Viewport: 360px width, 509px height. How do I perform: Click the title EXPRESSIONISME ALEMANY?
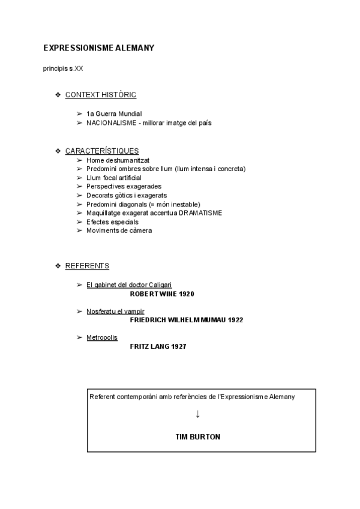click(98, 48)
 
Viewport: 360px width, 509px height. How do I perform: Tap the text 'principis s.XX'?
click(63, 68)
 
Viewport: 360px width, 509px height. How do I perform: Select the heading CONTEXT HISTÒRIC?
click(101, 95)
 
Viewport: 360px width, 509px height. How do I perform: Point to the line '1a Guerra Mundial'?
click(114, 113)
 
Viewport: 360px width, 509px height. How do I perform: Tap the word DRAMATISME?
click(197, 213)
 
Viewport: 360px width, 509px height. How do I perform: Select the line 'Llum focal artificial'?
click(114, 178)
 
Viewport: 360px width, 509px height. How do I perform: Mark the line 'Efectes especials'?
click(112, 222)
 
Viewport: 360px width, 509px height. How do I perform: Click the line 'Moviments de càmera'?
click(119, 230)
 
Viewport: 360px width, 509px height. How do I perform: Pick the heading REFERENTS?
click(87, 265)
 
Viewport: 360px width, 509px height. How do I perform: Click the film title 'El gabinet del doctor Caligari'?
click(133, 285)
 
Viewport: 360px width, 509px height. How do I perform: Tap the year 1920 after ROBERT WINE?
click(185, 294)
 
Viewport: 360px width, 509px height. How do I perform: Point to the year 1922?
click(235, 320)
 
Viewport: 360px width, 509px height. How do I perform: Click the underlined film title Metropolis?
click(102, 337)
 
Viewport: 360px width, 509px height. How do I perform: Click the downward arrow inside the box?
click(197, 414)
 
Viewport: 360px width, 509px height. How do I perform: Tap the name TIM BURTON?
click(197, 437)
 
